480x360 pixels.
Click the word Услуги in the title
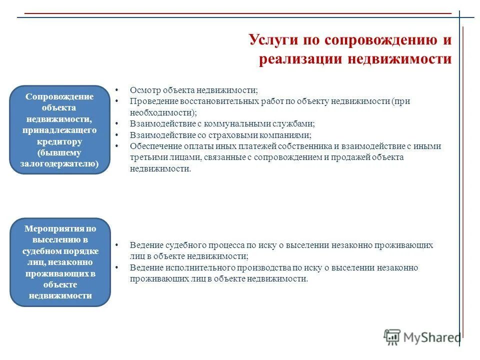pyautogui.click(x=273, y=40)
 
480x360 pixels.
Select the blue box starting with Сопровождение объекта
pyautogui.click(x=60, y=129)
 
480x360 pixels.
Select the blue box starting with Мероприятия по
pyautogui.click(x=60, y=262)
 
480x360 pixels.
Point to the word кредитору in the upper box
pyautogui.click(x=59, y=141)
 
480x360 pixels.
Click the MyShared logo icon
pyautogui.click(x=392, y=337)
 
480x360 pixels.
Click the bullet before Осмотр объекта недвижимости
pyautogui.click(x=116, y=90)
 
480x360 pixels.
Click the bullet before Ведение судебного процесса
pyautogui.click(x=116, y=245)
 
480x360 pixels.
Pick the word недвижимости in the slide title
pyautogui.click(x=399, y=59)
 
